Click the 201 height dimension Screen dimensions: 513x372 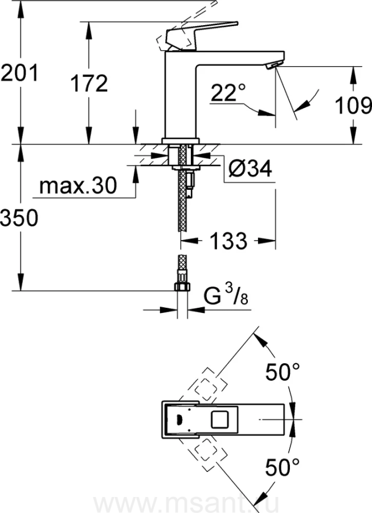[19, 73]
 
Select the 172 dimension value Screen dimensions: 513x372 [89, 84]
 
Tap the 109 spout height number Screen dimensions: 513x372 [354, 107]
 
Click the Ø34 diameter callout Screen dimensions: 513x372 [250, 169]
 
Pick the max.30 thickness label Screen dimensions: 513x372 [78, 186]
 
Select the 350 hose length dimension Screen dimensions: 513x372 [19, 218]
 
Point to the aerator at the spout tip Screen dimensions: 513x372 [272, 67]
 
